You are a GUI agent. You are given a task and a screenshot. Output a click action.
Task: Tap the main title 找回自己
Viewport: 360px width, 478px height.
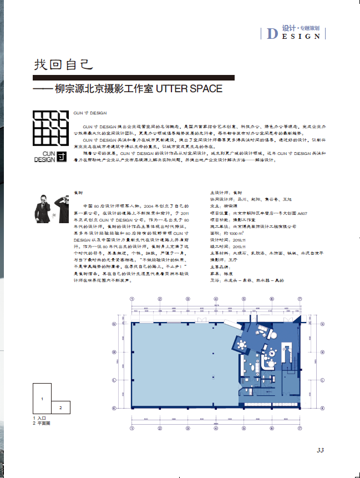pyautogui.click(x=61, y=66)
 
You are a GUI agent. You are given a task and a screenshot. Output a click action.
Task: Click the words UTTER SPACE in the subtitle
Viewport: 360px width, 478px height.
pyautogui.click(x=189, y=89)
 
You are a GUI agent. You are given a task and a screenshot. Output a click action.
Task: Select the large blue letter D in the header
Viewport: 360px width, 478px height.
pyautogui.click(x=272, y=33)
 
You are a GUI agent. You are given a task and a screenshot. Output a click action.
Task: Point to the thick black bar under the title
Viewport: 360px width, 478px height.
pyautogui.click(x=42, y=89)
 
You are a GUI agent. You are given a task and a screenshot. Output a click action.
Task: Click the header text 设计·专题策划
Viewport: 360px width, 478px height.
pyautogui.click(x=301, y=27)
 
